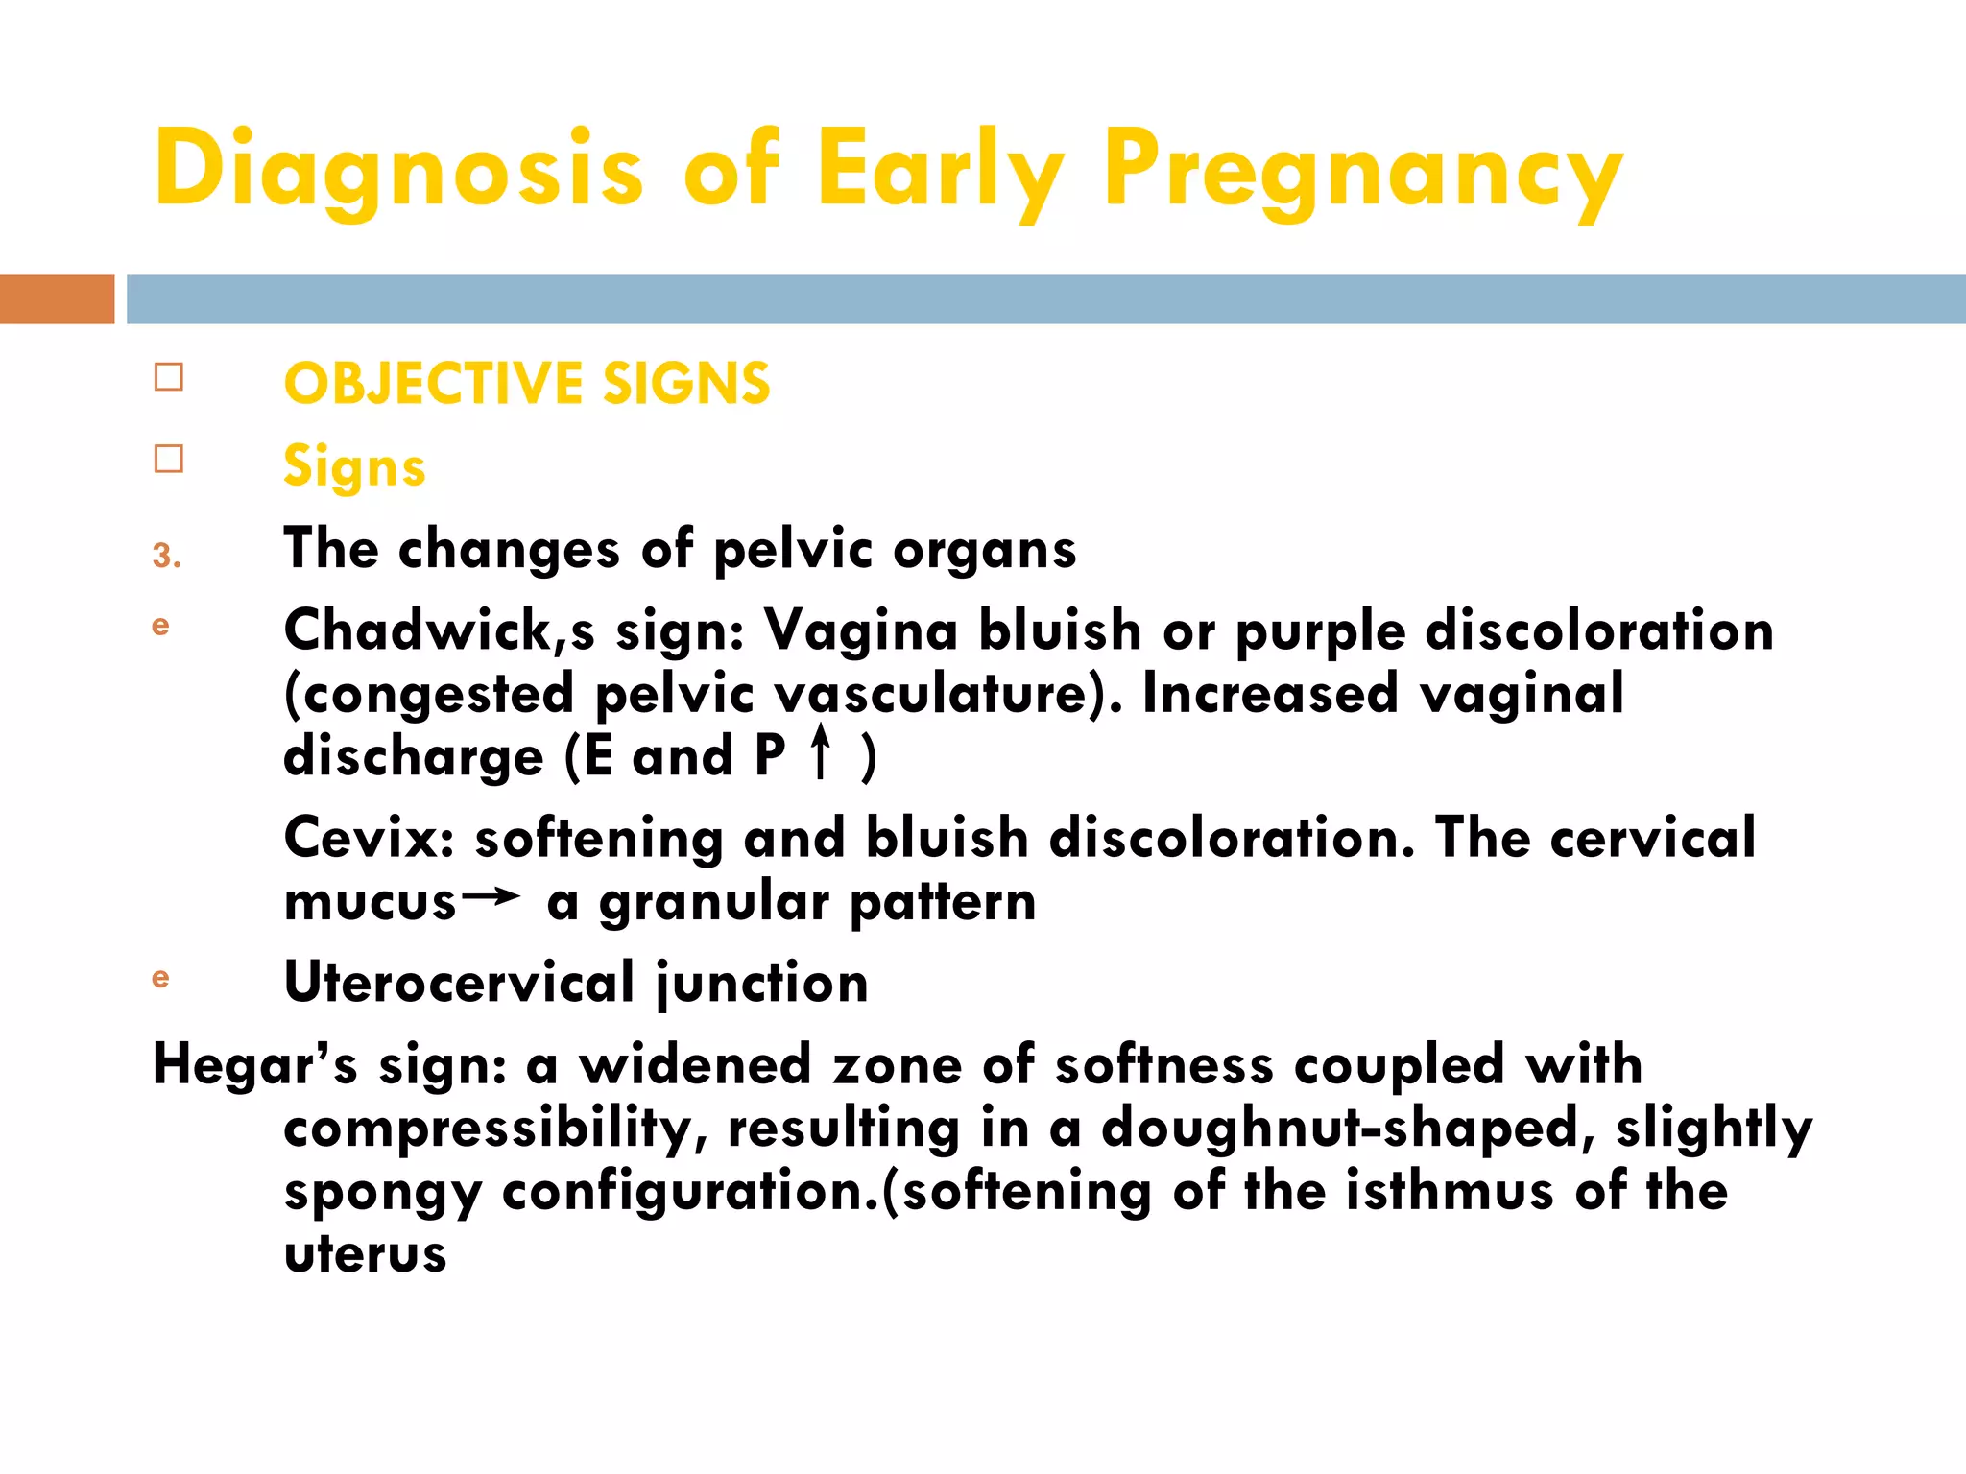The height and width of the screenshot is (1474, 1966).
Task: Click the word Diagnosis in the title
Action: [398, 171]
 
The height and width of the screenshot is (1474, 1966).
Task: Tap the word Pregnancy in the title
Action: [1363, 171]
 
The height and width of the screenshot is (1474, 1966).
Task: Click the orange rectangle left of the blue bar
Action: [57, 299]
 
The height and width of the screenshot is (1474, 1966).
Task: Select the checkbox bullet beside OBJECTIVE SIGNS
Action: [169, 377]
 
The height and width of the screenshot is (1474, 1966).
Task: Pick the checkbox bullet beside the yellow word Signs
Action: [169, 459]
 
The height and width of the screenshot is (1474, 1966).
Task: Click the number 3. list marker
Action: [166, 556]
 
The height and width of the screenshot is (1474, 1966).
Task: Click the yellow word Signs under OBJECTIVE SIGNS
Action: [354, 467]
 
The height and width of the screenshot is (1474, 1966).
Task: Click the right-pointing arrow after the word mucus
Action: [491, 897]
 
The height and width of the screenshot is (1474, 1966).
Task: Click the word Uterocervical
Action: [459, 983]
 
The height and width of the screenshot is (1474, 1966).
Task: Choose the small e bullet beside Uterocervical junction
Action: [160, 978]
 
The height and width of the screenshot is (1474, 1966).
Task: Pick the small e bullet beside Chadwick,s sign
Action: [160, 626]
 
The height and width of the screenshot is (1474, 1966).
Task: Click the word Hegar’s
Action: [255, 1064]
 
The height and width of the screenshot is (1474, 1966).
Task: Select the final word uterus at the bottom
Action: [366, 1255]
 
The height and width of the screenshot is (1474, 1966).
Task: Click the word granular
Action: [713, 903]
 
